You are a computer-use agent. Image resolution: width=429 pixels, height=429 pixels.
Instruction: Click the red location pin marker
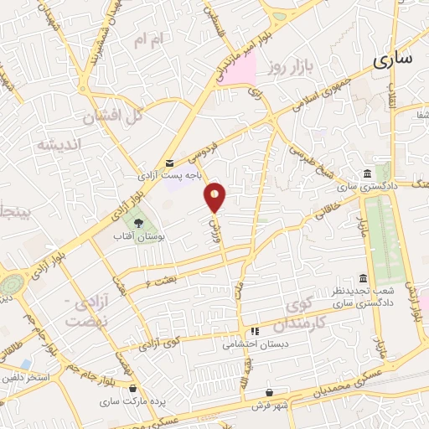pyautogui.click(x=215, y=197)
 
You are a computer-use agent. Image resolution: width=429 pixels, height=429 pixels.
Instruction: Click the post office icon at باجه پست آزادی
pyautogui.click(x=170, y=163)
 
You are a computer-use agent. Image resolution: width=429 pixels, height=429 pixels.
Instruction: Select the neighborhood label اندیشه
pyautogui.click(x=58, y=144)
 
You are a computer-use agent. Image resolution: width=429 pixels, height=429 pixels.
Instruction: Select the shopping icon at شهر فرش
pyautogui.click(x=269, y=391)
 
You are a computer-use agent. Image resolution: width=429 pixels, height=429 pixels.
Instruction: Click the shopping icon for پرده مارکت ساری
pyautogui.click(x=132, y=387)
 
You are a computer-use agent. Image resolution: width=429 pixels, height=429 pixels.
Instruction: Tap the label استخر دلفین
pyautogui.click(x=28, y=379)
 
